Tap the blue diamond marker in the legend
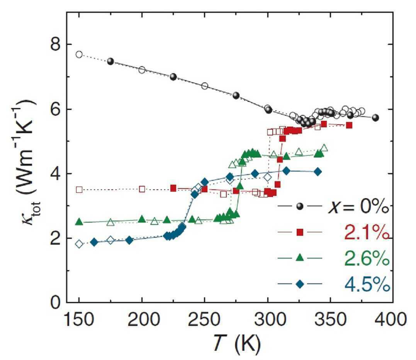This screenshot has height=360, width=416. tap(300, 284)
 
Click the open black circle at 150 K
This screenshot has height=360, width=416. tap(79, 55)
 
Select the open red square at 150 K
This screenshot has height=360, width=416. tap(79, 190)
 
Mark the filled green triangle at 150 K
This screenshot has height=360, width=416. tap(79, 221)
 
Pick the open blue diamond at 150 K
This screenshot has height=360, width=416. tap(79, 244)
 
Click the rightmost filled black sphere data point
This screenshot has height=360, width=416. tap(375, 118)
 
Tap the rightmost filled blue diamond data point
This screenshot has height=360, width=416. tap(318, 172)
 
